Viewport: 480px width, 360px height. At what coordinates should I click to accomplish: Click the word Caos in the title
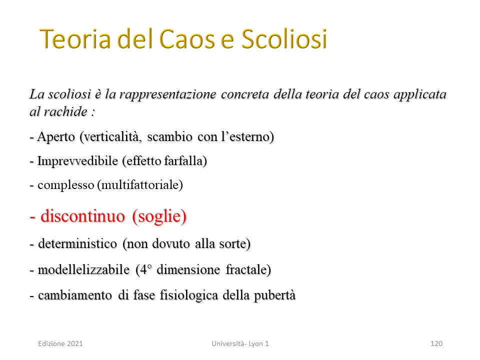(x=187, y=39)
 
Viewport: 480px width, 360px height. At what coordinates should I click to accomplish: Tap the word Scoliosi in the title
(x=284, y=39)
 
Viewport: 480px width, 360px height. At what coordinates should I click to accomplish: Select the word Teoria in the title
(x=75, y=39)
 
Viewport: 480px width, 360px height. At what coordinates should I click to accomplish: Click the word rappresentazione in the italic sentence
(x=168, y=94)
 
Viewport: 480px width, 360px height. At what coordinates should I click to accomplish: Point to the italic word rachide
(x=66, y=111)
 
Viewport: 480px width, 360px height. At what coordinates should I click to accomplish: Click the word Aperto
(x=56, y=137)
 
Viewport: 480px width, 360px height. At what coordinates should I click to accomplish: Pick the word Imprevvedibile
(x=78, y=160)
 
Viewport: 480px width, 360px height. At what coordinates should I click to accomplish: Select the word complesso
(x=66, y=185)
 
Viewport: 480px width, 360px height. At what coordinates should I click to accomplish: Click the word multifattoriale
(x=140, y=185)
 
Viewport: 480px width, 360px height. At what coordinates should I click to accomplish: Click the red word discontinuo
(x=83, y=216)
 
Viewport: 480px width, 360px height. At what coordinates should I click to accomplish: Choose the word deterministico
(x=77, y=243)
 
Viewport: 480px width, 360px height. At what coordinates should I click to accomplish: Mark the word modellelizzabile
(x=83, y=269)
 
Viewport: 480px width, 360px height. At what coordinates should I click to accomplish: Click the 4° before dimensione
(x=145, y=269)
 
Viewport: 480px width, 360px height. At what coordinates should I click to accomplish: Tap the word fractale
(x=246, y=269)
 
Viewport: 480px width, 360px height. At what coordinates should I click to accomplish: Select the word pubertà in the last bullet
(x=275, y=295)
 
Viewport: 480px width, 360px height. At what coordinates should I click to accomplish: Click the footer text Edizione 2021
(x=60, y=343)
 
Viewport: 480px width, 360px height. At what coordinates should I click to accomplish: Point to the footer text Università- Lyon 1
(x=240, y=343)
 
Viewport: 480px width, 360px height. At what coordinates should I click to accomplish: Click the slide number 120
(x=436, y=343)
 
